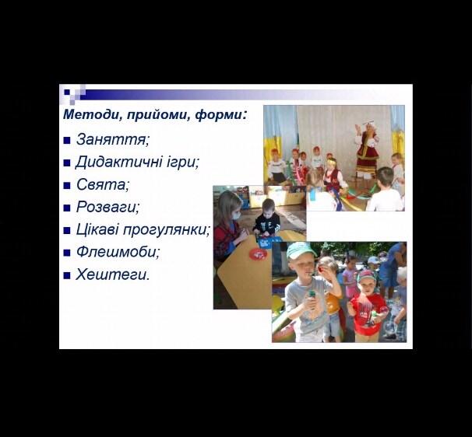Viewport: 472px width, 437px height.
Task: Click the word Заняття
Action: pos(111,139)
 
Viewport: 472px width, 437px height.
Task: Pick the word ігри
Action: pos(181,163)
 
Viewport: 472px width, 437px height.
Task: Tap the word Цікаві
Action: pos(97,229)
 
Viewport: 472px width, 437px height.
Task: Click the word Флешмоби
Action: pos(116,252)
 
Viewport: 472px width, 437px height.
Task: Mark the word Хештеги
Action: pos(111,274)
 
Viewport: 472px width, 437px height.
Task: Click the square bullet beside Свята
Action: pos(67,185)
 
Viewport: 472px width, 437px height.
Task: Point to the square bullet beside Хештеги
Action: pos(67,275)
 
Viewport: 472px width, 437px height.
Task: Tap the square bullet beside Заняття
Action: pos(67,141)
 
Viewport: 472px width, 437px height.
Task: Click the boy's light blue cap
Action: pos(301,250)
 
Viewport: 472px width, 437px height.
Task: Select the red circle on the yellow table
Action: pos(258,254)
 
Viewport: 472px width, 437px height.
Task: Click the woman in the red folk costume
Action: pos(367,149)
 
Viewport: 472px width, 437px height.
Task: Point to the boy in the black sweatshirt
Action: pos(267,218)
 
